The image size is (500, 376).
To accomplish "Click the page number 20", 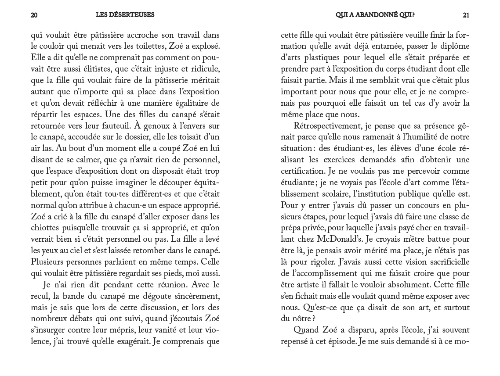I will (34, 15).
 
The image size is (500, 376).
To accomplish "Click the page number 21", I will (466, 15).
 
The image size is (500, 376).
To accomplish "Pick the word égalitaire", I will (193, 103).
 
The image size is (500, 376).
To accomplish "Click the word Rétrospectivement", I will (325, 126).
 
